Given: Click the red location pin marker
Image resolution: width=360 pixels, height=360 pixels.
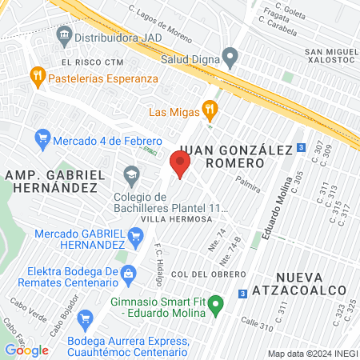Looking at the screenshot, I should (x=179, y=166).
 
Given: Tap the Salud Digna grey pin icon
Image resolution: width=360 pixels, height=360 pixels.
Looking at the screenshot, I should (x=230, y=58).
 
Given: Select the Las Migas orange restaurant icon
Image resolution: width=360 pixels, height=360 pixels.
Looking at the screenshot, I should (x=210, y=108).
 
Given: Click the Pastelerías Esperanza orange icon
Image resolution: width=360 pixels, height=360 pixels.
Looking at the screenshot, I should (x=37, y=78).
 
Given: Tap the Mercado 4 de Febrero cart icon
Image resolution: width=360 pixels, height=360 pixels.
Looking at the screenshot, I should (x=42, y=139).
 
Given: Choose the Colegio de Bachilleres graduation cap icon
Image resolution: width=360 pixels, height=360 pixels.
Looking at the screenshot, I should (x=130, y=172).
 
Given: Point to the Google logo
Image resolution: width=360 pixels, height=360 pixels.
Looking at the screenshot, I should (x=26, y=350).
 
